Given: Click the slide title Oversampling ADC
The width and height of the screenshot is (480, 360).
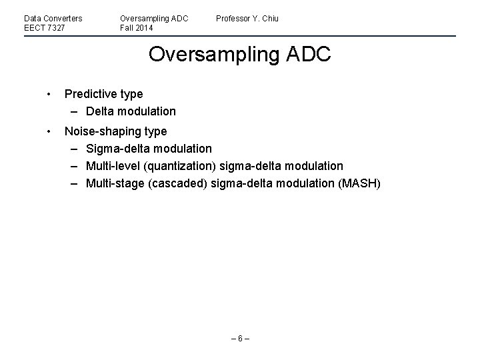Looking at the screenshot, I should pyautogui.click(x=239, y=54).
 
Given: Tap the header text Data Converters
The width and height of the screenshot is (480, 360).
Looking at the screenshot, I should pyautogui.click(x=53, y=18).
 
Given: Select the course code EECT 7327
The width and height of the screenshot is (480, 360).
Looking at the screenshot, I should pyautogui.click(x=44, y=28).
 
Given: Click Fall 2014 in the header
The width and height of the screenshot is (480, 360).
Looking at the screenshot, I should pyautogui.click(x=137, y=28).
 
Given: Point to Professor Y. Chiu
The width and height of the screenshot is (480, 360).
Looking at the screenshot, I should pyautogui.click(x=247, y=18).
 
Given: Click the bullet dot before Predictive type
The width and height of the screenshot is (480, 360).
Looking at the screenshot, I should pyautogui.click(x=49, y=94).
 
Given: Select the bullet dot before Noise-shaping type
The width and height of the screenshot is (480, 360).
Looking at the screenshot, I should pyautogui.click(x=49, y=131).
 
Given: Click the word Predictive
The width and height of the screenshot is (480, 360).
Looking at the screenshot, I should pyautogui.click(x=90, y=94).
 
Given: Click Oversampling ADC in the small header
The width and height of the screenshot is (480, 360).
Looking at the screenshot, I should pyautogui.click(x=154, y=18).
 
